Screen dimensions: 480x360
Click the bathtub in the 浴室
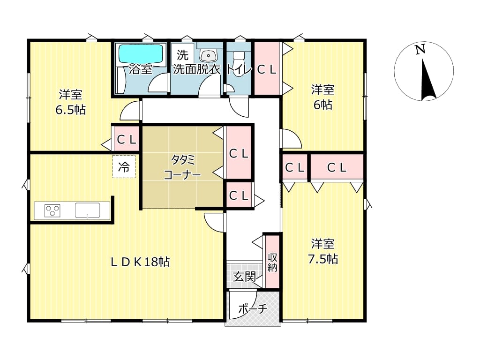click(141, 54)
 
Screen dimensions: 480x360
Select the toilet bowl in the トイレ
click(239, 57)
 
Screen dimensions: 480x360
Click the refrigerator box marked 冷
click(124, 167)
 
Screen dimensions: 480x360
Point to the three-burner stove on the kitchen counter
click(52, 210)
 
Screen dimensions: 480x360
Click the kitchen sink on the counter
click(88, 210)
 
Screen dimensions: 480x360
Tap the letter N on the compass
click(420, 50)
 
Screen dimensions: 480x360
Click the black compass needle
click(427, 80)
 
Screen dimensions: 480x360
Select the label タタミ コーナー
click(182, 167)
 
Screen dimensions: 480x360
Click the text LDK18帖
click(140, 262)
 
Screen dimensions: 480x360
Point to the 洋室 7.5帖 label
click(323, 251)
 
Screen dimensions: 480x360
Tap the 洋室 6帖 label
click(323, 97)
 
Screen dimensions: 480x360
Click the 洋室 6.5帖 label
click(71, 102)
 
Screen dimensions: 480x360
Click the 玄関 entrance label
click(244, 277)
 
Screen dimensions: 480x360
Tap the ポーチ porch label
click(253, 308)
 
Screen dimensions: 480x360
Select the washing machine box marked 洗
click(182, 55)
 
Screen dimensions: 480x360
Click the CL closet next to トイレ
click(267, 68)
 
